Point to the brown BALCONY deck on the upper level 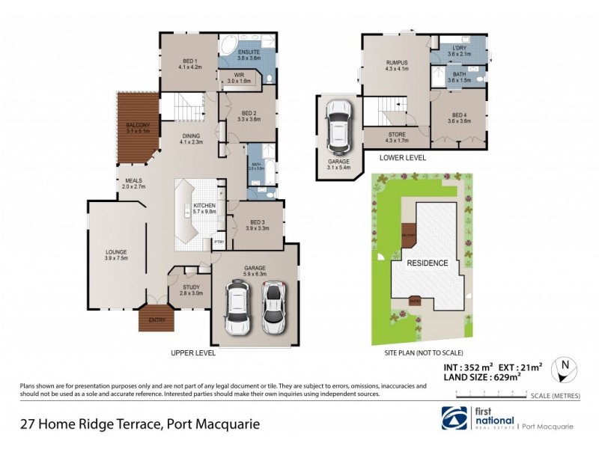pos(138,128)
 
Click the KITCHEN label pos(204,209)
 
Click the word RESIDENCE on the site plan pos(428,263)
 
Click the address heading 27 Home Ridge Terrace pos(139,424)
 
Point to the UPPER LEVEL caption pos(193,352)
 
